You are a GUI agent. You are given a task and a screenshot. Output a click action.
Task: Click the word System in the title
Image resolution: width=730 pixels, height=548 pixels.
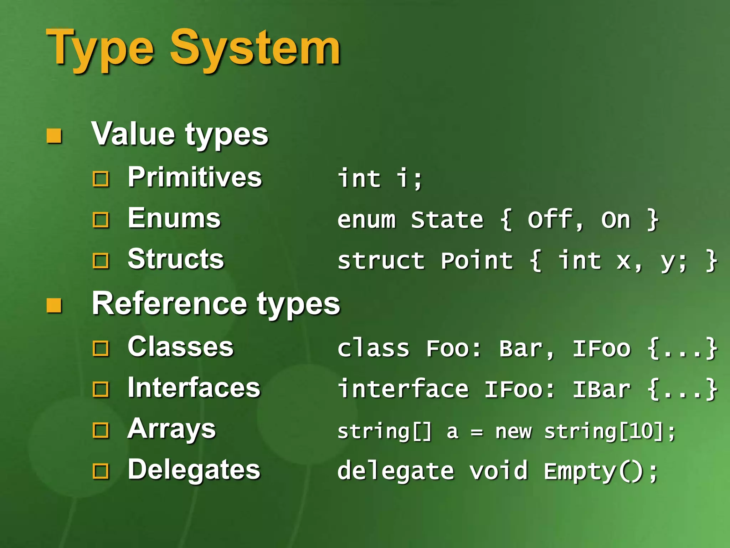255,48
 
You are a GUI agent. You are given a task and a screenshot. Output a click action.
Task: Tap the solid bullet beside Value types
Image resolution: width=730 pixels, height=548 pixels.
54,136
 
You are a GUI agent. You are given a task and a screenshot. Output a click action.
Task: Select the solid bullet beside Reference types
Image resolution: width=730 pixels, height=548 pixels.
54,305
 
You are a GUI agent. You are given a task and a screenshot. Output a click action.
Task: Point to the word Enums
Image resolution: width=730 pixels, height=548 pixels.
174,218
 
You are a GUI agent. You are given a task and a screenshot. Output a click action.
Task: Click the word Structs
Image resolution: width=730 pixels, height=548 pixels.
176,259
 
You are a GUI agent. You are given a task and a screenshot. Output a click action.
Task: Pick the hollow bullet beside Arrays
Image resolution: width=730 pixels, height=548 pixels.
101,431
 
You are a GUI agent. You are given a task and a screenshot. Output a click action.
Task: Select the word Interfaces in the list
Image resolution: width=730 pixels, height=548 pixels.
194,388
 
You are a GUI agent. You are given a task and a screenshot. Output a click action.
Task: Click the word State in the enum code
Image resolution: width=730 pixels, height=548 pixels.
447,220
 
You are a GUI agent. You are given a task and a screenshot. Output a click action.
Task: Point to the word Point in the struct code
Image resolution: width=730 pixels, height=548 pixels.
477,261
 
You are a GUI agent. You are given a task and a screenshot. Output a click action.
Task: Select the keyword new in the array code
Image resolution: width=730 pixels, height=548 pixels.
513,432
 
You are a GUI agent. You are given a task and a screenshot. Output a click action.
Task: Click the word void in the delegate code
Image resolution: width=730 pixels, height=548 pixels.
498,471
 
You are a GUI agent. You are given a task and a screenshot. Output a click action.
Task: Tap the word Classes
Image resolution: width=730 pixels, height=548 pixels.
180,347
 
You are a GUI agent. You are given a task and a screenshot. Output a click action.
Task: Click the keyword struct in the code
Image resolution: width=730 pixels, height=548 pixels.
381,261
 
